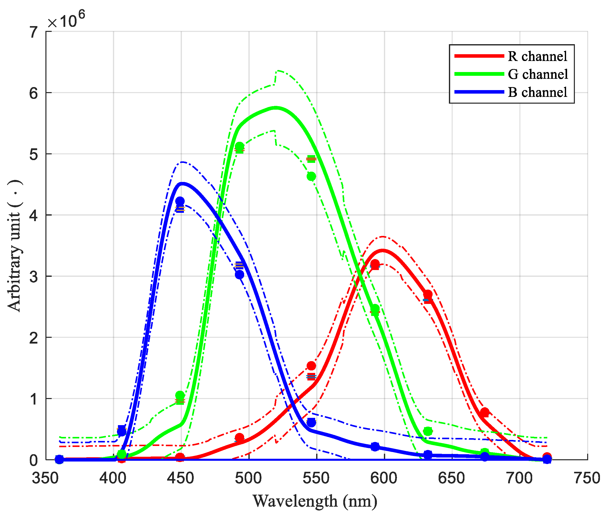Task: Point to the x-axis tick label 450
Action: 181,478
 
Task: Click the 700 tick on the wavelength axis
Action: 519,478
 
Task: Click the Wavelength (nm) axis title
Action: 315,501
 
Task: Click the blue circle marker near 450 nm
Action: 180,201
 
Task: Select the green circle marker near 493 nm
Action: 240,146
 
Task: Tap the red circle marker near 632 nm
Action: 428,295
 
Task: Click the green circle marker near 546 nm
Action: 311,176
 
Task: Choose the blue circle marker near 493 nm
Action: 240,275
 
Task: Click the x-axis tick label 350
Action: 45,478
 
